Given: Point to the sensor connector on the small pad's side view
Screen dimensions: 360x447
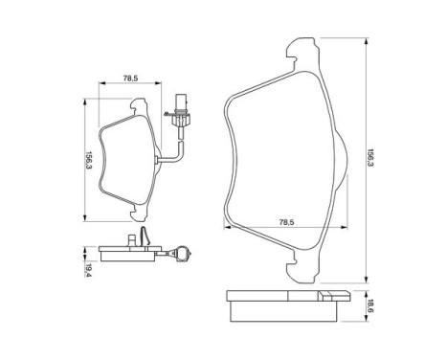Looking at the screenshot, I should pyautogui.click(x=179, y=253).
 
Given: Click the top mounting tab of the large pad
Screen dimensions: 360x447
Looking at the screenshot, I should pyautogui.click(x=302, y=52).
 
